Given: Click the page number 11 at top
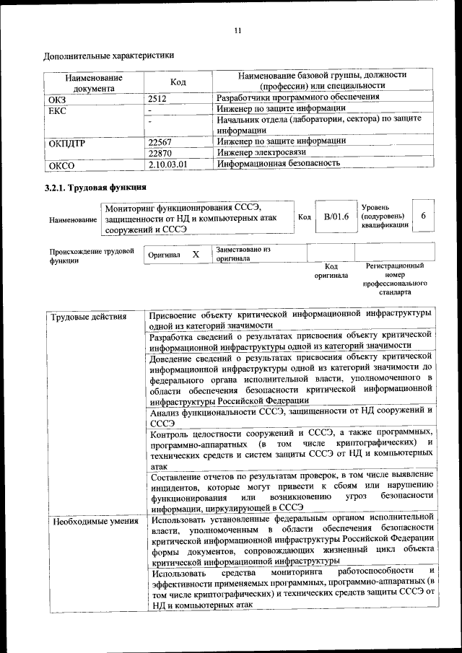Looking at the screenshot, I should (x=238, y=30).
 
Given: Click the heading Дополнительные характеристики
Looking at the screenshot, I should (x=108, y=55).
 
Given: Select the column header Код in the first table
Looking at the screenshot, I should (x=178, y=82).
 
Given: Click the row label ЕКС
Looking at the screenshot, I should (x=57, y=109).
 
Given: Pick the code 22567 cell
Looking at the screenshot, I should (x=160, y=141).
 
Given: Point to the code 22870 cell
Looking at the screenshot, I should (x=160, y=152).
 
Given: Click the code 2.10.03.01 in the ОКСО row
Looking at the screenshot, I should (x=167, y=164).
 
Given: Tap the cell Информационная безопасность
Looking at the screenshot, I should (x=279, y=164).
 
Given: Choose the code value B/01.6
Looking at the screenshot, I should (x=336, y=216).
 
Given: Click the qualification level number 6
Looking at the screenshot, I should (x=423, y=216).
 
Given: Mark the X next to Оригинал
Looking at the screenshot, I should (x=196, y=255).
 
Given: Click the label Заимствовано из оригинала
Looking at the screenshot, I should (x=243, y=253).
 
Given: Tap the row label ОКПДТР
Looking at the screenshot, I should (x=67, y=142).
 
